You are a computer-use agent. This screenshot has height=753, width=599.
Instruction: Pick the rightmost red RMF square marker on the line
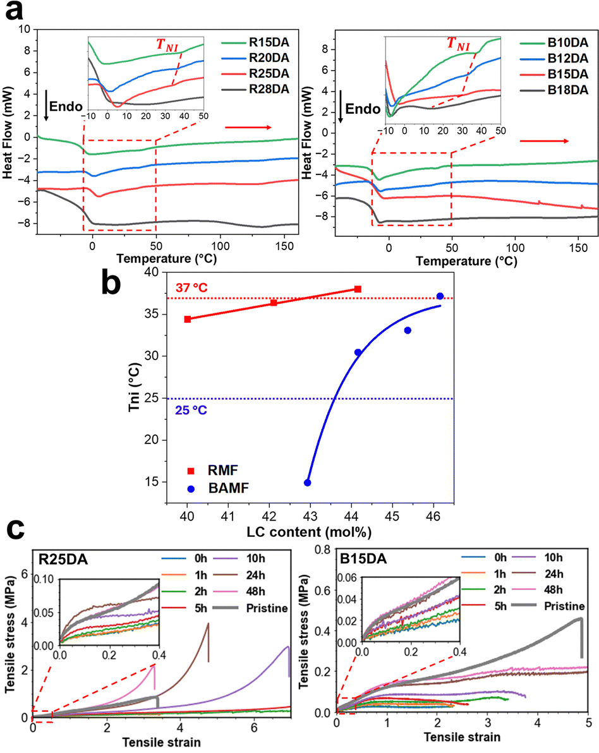coord(358,289)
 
